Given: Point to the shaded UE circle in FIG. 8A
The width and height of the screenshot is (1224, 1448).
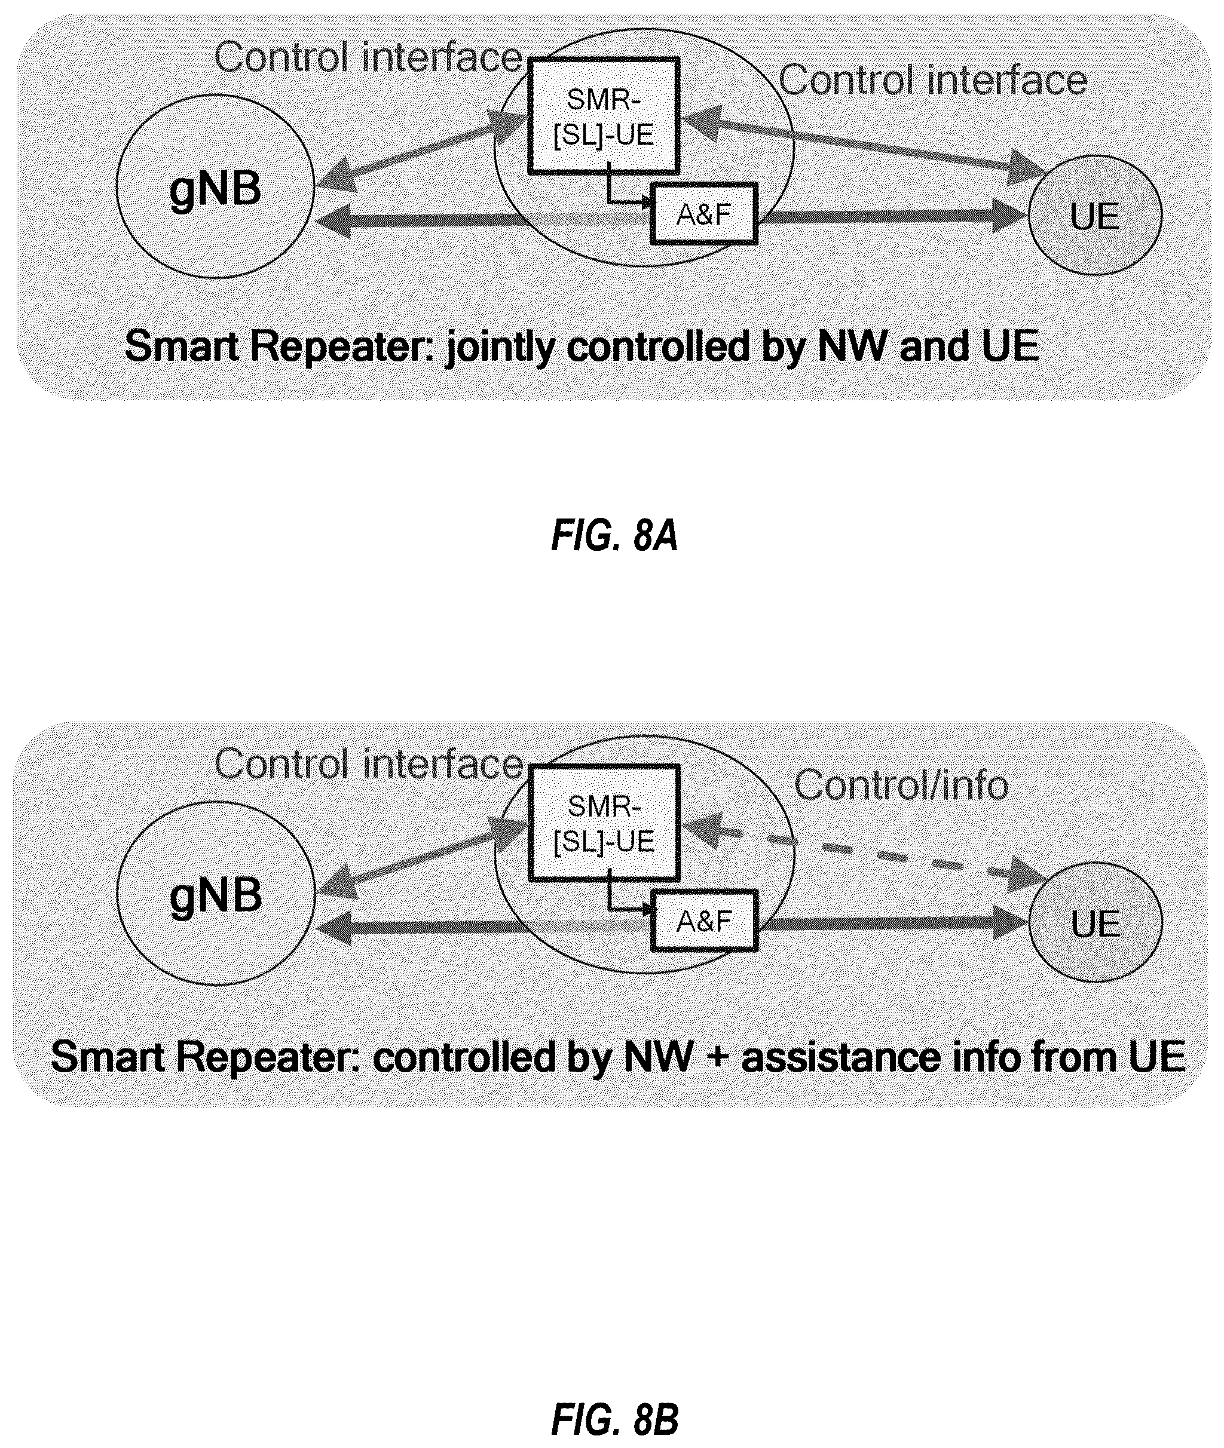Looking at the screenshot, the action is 1095,216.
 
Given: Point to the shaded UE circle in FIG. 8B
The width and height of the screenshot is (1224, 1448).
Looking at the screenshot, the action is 1096,922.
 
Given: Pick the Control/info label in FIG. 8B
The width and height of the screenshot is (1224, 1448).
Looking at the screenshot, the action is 901,786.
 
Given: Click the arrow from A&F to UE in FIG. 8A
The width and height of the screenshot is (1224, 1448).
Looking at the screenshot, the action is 893,216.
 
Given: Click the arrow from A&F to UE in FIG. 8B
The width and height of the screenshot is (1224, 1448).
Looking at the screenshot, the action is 893,923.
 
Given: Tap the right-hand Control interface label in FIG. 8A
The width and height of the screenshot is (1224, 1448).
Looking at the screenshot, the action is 932,80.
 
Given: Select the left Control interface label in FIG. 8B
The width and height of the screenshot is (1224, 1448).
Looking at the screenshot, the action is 368,763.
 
